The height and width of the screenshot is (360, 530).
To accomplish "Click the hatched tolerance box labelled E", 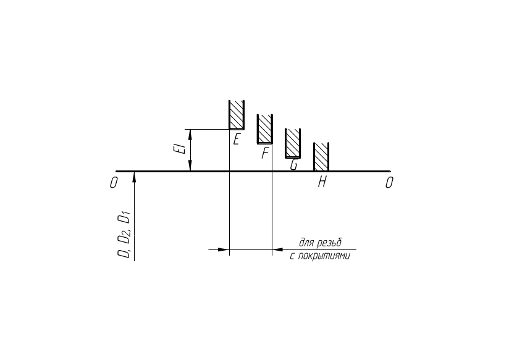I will coord(237,115).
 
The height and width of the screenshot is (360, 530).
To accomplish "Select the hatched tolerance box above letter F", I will coord(265,129).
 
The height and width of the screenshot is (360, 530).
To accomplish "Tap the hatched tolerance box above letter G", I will coord(293,143).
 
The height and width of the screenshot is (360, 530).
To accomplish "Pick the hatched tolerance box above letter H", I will coord(321,157).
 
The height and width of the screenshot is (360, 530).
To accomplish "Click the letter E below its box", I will coord(236,140).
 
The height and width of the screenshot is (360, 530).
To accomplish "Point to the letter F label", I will coord(264,153).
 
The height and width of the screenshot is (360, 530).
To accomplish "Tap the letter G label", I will coord(294,165).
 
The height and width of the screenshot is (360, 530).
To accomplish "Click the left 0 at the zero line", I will coord(114,183).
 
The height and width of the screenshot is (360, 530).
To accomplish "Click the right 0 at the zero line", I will coord(389,183).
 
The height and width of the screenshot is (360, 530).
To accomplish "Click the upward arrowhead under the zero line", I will coord(133,177).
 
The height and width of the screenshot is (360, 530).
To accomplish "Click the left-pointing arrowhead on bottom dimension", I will coord(278,250).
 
